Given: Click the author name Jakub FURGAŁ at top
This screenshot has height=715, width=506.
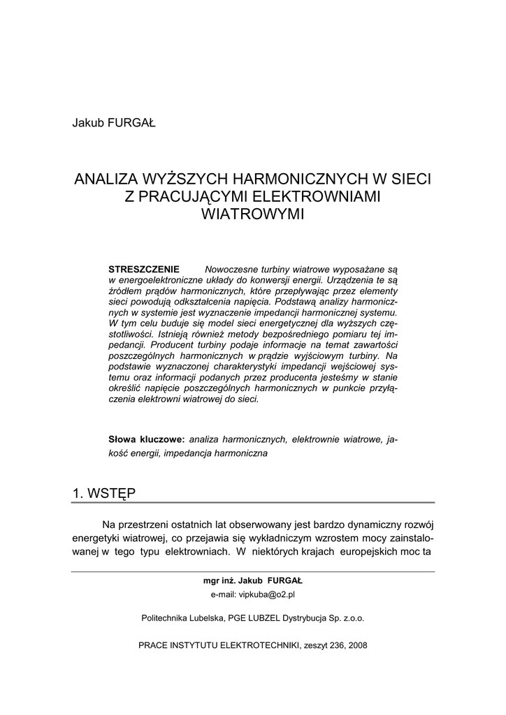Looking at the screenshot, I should click(x=113, y=124).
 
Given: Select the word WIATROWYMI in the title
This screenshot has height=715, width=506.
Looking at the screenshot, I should click(x=253, y=214).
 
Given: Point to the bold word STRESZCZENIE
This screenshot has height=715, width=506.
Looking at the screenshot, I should click(x=144, y=270).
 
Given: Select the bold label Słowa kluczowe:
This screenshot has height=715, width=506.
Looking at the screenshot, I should click(x=147, y=439).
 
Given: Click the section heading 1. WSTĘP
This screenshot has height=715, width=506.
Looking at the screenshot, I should click(x=104, y=493).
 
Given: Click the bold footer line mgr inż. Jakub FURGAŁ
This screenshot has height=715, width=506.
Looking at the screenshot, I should click(x=253, y=581).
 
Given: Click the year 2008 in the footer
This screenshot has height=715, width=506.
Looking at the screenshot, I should click(x=356, y=645).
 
